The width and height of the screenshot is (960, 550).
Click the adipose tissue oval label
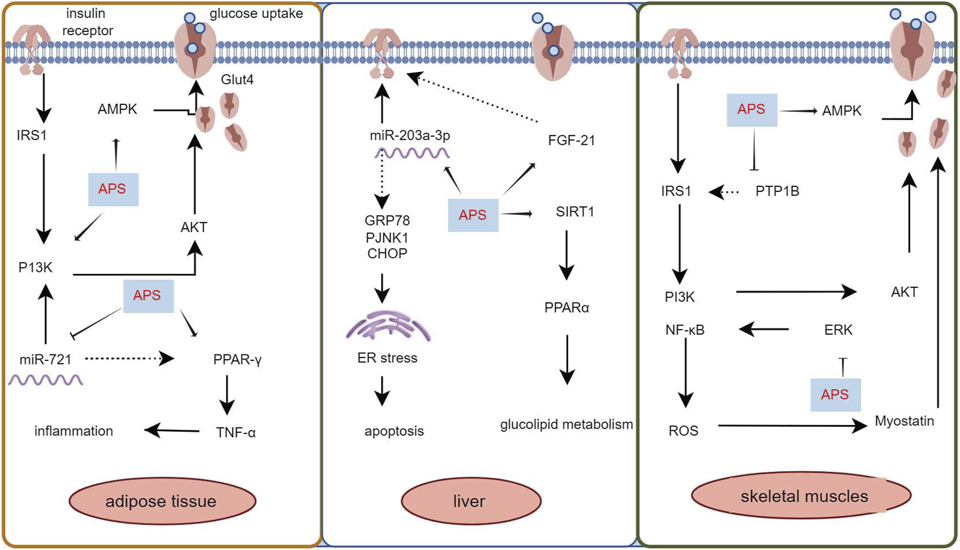(x=162, y=501)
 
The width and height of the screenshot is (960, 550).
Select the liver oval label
(x=470, y=501)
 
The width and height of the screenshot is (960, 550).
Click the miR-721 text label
(x=45, y=359)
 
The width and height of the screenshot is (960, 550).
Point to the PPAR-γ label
(x=237, y=359)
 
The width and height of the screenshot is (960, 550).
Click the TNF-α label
(x=236, y=432)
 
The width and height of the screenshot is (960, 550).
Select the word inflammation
(x=74, y=431)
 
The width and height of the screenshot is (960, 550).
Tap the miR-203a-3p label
(x=410, y=135)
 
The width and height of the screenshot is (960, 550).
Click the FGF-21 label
(x=571, y=140)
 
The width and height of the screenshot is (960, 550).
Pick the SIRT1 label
(x=574, y=212)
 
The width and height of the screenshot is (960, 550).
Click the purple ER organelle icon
(x=388, y=326)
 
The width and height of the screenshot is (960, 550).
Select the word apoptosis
(x=394, y=431)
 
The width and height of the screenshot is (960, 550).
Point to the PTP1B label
(x=777, y=191)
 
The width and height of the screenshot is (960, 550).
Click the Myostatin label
(x=904, y=421)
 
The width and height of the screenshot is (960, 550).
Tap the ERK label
(x=838, y=329)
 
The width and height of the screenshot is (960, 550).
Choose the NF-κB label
(x=685, y=329)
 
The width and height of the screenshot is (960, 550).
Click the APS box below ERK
(x=835, y=394)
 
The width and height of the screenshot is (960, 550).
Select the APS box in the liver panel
(x=472, y=215)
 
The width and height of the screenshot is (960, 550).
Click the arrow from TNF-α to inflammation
(x=172, y=431)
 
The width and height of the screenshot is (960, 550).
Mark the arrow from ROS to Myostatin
(x=791, y=426)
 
